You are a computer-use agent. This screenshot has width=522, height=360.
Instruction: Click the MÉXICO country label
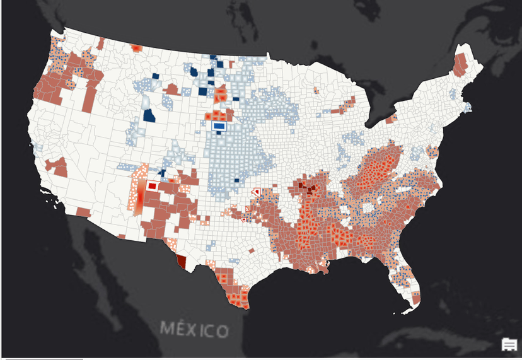click(194, 330)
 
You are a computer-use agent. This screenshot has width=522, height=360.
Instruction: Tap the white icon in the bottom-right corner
click(509, 344)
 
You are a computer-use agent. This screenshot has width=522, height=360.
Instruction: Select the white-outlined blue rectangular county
click(219, 126)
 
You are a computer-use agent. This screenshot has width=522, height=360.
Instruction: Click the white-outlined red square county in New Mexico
click(152, 186)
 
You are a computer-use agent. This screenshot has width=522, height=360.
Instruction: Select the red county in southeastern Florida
click(415, 296)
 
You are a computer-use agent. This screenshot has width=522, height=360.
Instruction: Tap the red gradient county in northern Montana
click(136, 48)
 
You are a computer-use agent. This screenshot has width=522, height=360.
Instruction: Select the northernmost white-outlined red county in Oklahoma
click(256, 191)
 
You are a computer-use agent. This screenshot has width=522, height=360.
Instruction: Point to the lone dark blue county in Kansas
click(236, 181)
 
